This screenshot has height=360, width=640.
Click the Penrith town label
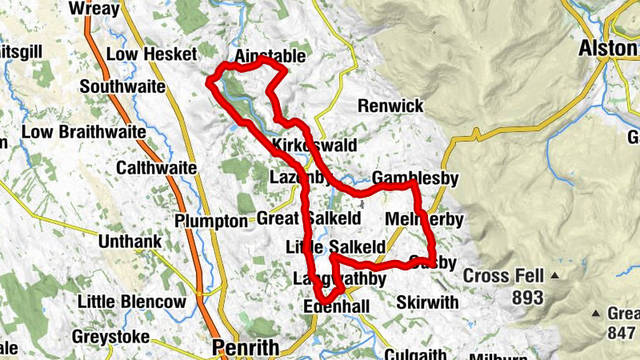[246, 348]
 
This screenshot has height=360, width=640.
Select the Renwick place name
[390, 106]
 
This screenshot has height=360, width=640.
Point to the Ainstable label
[270, 57]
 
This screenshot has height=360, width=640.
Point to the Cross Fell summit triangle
[554, 276]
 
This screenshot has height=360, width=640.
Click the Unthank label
[130, 241]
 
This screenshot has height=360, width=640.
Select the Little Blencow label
[132, 302]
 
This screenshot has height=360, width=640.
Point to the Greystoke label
[110, 337]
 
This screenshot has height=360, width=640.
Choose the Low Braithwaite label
[84, 131]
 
